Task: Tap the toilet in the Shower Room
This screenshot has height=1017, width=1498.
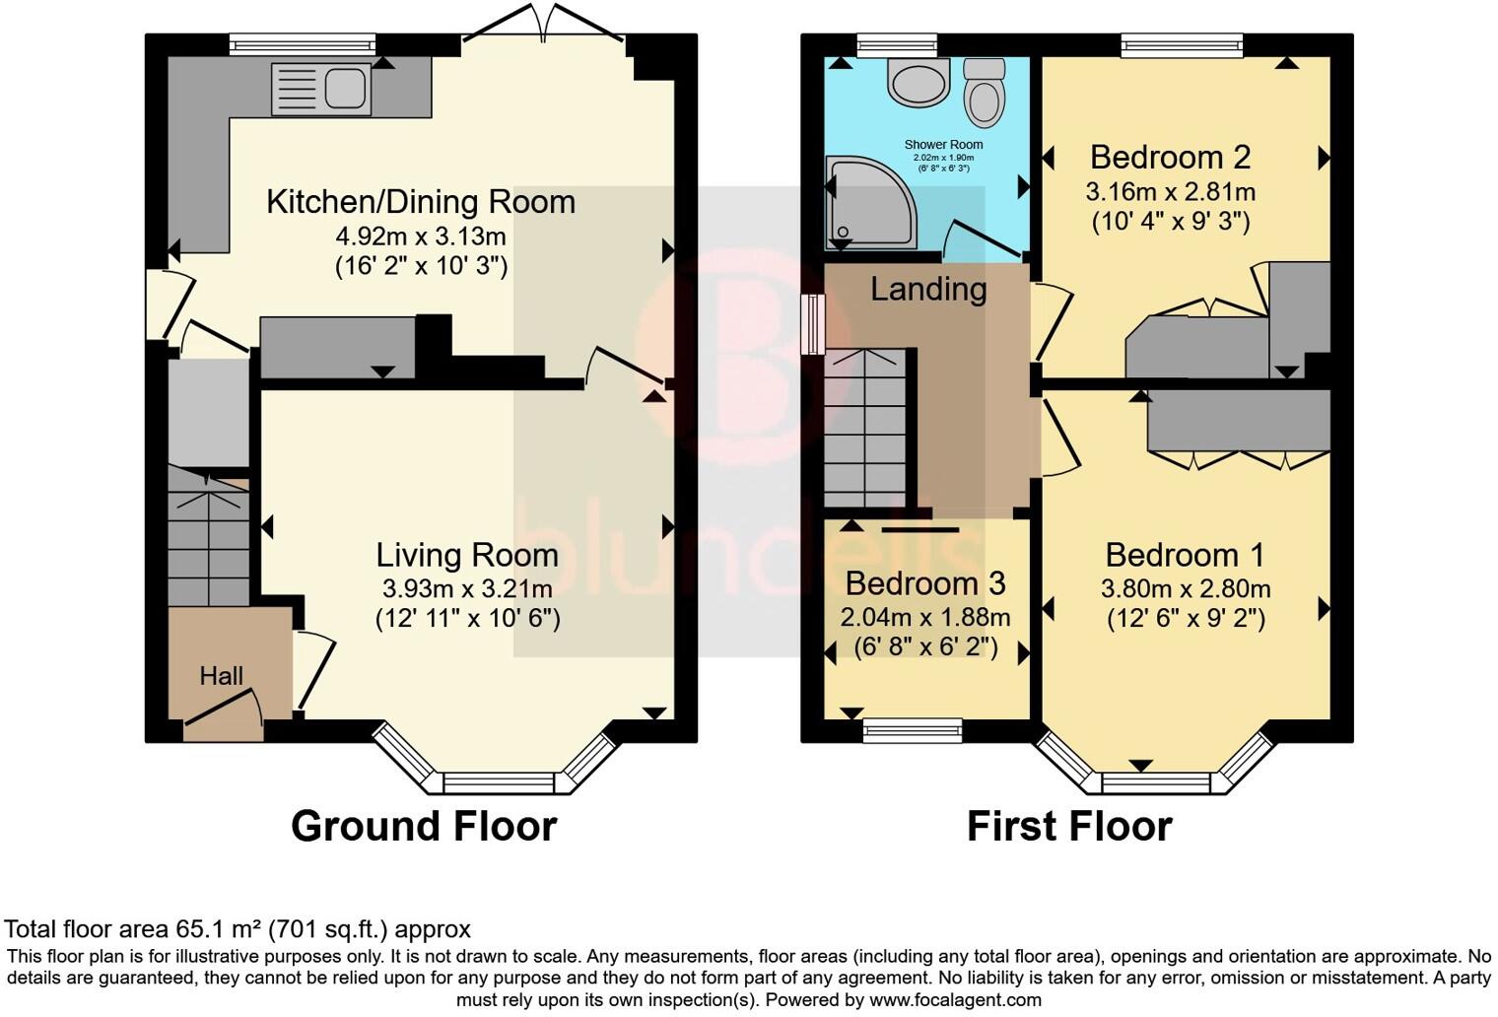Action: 984,95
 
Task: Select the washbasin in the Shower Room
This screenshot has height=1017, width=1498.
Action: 919,82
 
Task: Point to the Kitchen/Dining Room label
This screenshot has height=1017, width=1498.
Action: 421,202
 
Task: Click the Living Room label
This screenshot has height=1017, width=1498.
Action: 467,555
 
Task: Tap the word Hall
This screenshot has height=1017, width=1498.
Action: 221,676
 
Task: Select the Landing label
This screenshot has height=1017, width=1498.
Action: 928,289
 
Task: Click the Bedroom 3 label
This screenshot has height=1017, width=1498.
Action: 925,583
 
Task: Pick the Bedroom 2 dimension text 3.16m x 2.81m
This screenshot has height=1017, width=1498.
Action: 1170,191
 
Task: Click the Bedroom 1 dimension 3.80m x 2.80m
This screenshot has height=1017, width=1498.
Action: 1185,589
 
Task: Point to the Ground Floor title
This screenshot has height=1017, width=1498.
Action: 424,826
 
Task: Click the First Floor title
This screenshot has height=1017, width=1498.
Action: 1069,826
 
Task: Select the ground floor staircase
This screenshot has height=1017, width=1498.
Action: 208,537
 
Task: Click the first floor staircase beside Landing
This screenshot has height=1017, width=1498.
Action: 864,428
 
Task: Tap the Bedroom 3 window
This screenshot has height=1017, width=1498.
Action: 913,730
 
